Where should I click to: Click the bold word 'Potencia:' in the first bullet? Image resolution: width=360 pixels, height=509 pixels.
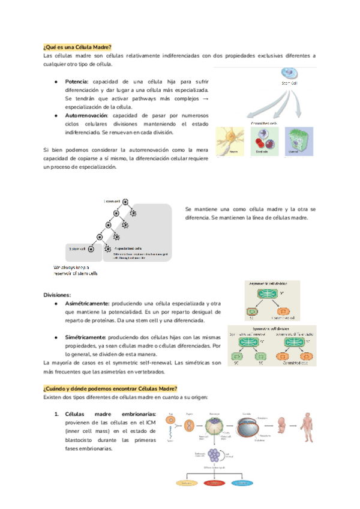[x=77, y=82]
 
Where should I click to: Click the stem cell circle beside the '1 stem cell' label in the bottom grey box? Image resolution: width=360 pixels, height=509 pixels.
[x=91, y=248]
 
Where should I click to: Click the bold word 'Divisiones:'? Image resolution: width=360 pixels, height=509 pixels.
[x=57, y=295]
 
